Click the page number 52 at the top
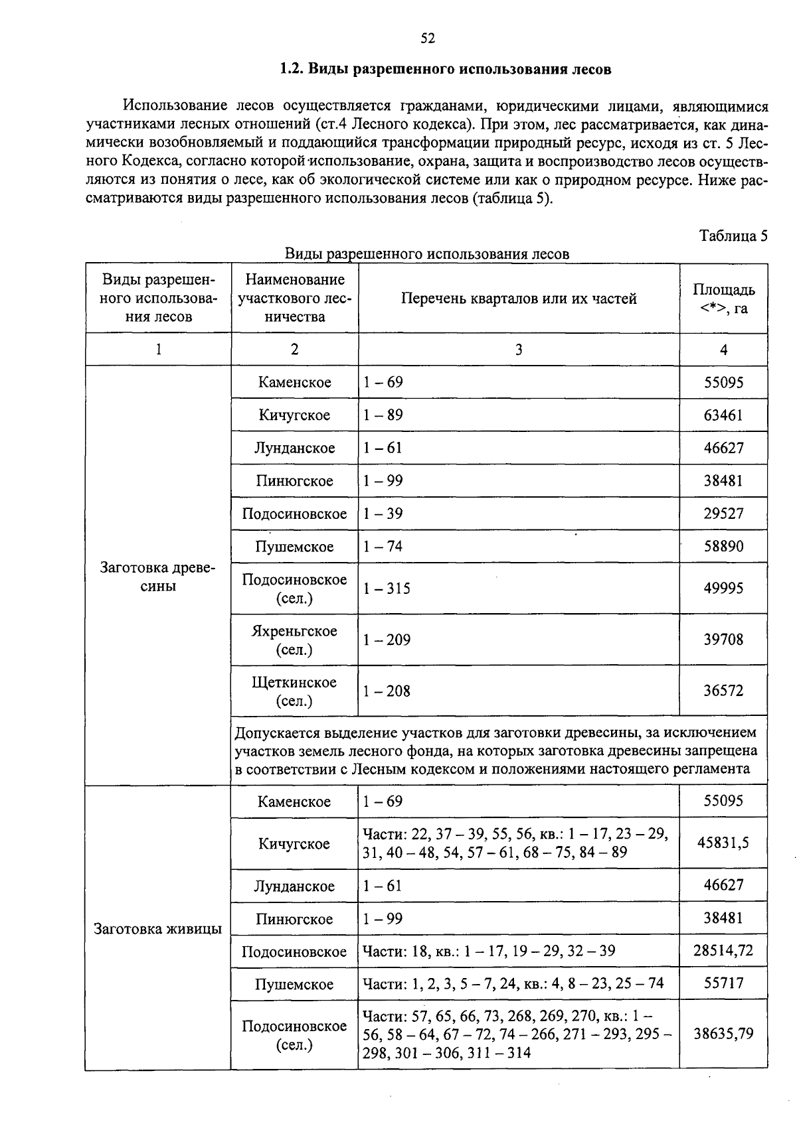(428, 38)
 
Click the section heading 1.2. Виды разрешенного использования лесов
(445, 69)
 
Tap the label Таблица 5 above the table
(733, 236)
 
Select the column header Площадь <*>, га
(723, 299)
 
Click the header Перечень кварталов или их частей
(518, 299)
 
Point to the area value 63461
(723, 415)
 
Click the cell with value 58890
(723, 547)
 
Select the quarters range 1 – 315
(387, 589)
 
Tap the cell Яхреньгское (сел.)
(294, 640)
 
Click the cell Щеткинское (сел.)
(294, 691)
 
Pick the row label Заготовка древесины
(158, 577)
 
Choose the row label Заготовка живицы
(158, 928)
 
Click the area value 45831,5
(723, 843)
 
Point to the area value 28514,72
(723, 950)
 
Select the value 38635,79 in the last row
(723, 1033)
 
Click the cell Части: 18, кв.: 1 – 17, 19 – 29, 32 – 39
(489, 951)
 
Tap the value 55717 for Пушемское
(723, 983)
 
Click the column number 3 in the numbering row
(518, 349)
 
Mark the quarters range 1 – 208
(387, 691)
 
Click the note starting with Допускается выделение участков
(495, 750)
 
